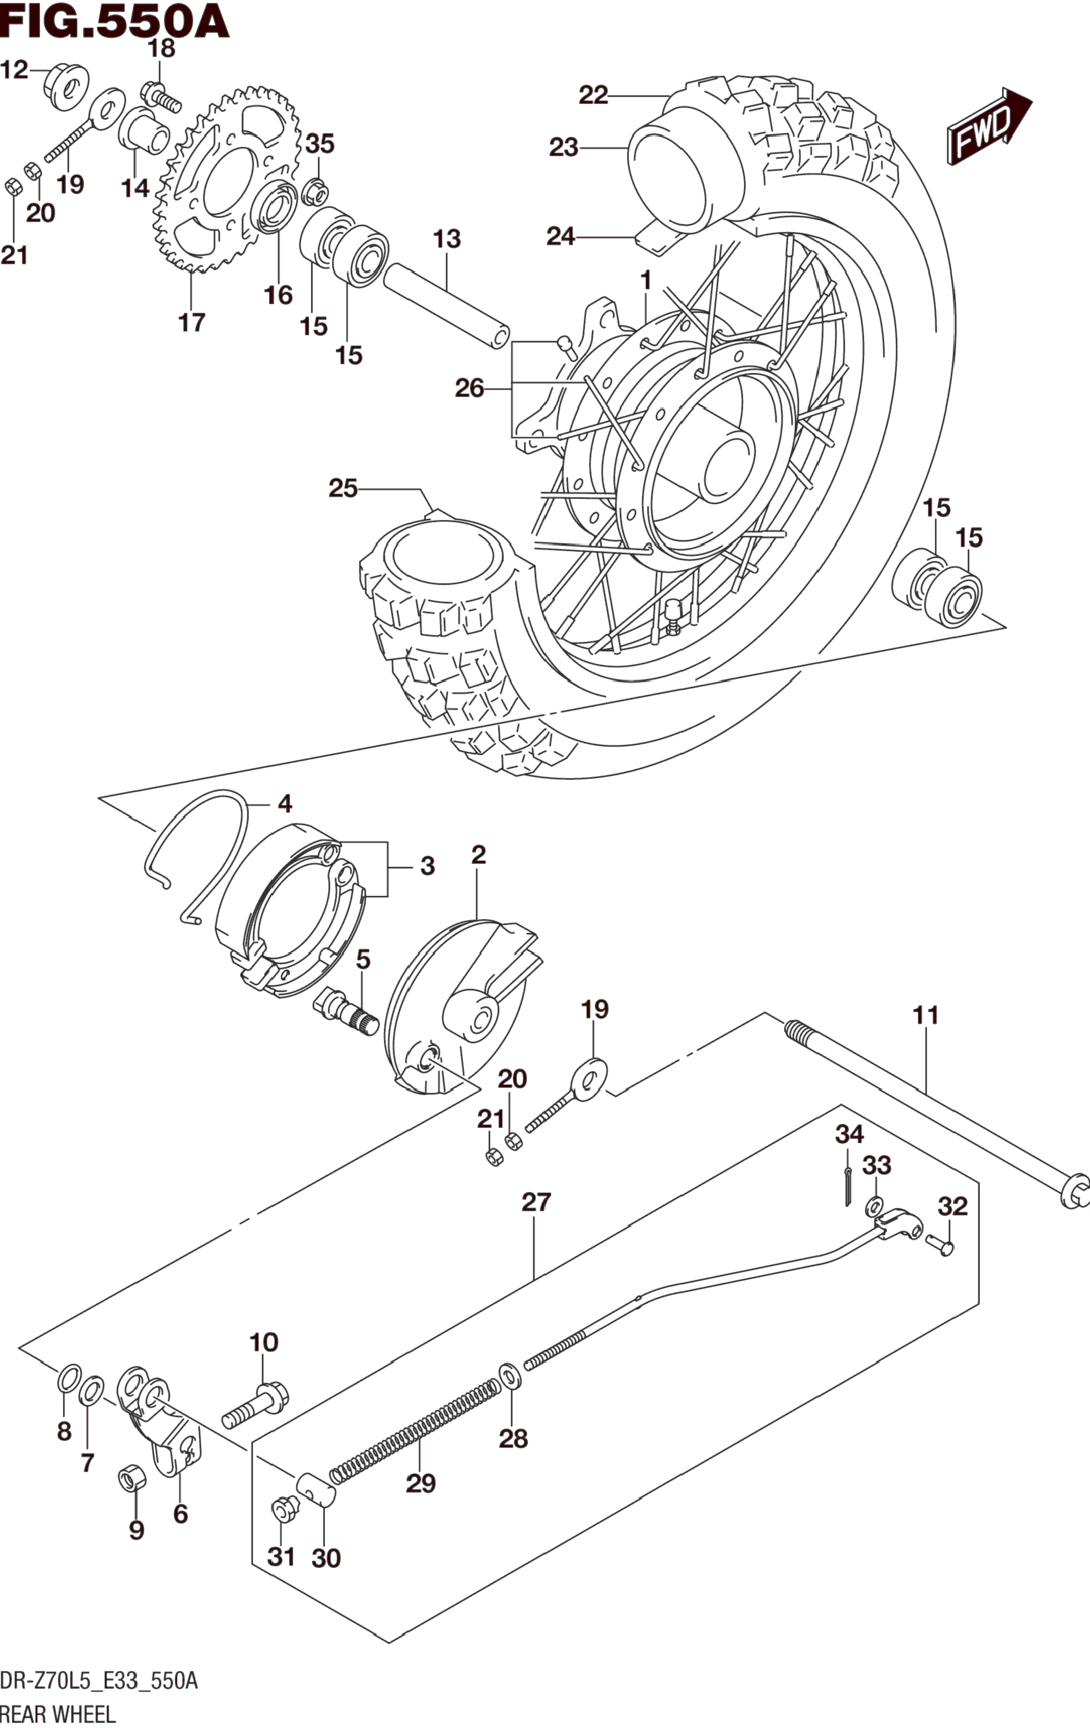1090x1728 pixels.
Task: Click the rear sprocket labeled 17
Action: (225, 180)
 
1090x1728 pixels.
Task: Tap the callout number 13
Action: (447, 239)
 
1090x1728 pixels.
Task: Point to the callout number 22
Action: (594, 95)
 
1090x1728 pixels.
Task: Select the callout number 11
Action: (926, 1016)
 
